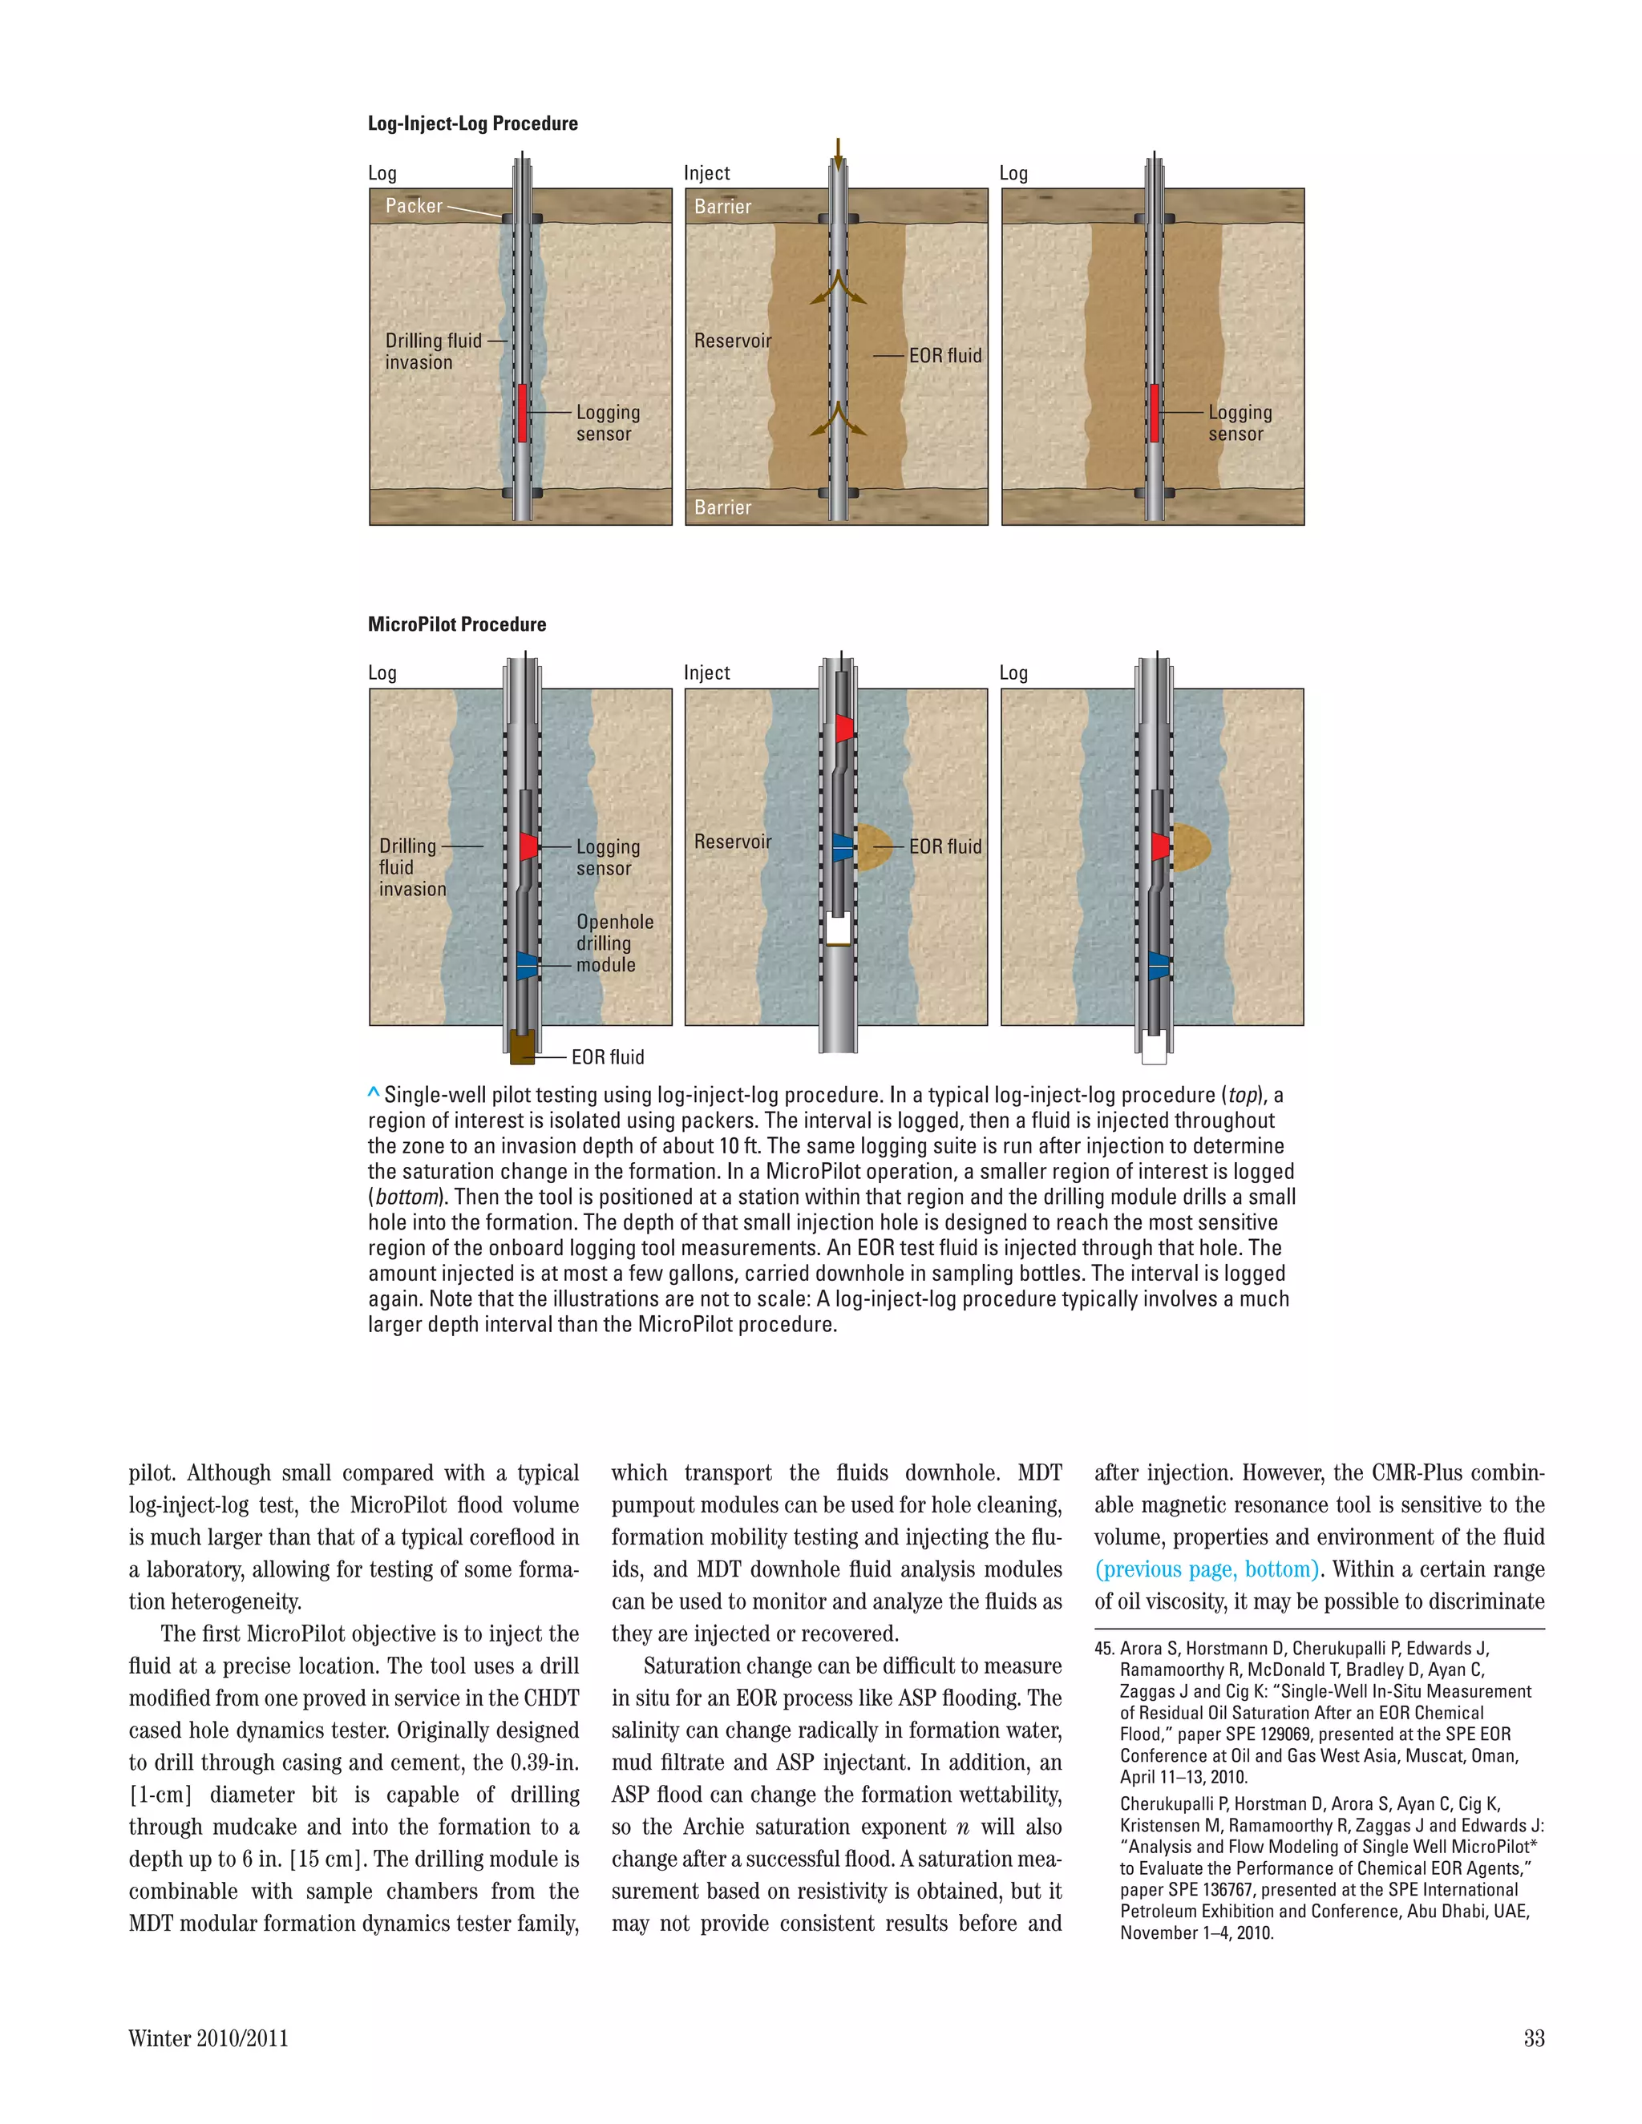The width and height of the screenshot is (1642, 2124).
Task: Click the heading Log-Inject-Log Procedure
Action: coord(473,123)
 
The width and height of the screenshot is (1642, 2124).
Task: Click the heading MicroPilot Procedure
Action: coord(456,624)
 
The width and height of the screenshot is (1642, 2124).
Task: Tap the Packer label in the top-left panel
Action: coord(414,205)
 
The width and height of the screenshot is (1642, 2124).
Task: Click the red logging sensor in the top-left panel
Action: coord(523,412)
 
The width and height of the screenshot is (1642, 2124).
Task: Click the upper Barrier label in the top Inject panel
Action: coord(722,206)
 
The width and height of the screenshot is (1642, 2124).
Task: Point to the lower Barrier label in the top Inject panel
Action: coord(722,507)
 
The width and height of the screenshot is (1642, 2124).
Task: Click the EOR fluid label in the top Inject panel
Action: coord(944,356)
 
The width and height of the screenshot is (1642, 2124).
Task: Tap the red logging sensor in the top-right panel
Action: coord(1155,412)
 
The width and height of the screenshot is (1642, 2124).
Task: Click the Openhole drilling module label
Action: coord(614,943)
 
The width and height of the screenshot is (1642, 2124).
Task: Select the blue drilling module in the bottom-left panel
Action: coord(525,965)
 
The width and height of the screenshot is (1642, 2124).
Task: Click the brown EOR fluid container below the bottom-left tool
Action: coord(521,1047)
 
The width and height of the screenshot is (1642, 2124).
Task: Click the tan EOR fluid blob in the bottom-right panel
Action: coord(1192,847)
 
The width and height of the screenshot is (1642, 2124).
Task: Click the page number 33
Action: coord(1533,2038)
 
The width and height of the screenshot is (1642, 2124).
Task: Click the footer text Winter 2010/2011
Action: coord(208,2038)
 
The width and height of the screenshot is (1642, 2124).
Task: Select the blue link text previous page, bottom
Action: coord(1206,1569)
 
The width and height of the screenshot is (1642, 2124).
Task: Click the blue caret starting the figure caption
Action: coord(374,1093)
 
